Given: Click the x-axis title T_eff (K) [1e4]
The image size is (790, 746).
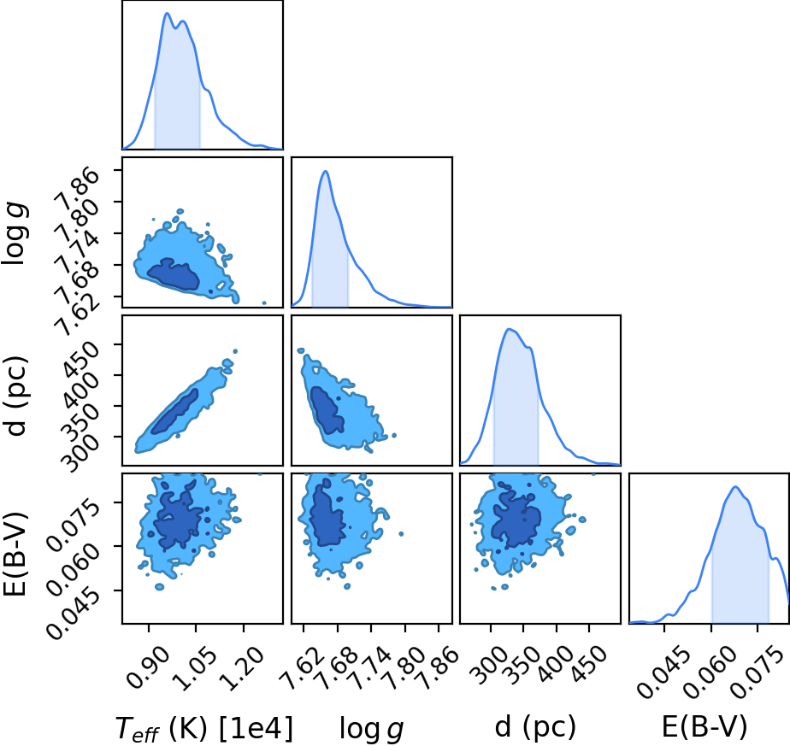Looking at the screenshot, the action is click(x=204, y=728).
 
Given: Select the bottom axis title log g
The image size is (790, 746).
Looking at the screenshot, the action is click(x=372, y=729).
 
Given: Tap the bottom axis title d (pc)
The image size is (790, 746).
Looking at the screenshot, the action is click(x=535, y=727).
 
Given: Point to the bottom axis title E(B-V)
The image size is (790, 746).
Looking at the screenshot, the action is click(x=705, y=727).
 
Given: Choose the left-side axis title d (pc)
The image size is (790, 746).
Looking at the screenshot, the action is click(x=15, y=396).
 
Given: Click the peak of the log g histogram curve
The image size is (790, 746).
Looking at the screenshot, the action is click(x=326, y=171).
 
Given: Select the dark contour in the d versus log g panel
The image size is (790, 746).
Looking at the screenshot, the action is click(x=327, y=409).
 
